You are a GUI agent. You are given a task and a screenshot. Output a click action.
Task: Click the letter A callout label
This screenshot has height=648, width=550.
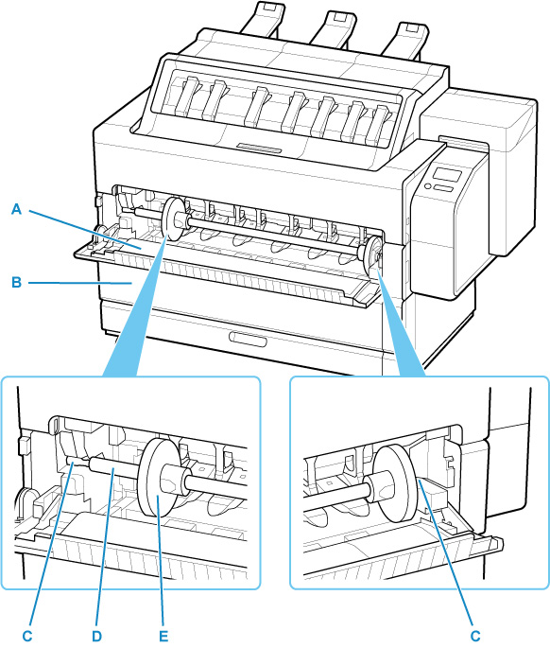(16, 209)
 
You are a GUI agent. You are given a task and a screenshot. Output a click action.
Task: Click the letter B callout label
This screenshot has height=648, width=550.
(16, 283)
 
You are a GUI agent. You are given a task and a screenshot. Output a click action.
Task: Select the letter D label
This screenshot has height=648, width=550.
(96, 636)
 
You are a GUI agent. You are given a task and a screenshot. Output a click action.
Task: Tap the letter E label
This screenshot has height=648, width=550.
(163, 636)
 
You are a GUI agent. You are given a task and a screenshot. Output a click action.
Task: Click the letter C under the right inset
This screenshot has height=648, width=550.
(475, 636)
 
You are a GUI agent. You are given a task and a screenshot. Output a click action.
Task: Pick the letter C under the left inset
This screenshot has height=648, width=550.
(27, 636)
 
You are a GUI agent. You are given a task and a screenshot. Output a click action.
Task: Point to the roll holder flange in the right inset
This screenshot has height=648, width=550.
(395, 482)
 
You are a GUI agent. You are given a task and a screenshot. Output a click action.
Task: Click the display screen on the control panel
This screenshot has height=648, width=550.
(447, 175)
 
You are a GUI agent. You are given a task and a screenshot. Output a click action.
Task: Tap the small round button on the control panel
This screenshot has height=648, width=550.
(428, 186)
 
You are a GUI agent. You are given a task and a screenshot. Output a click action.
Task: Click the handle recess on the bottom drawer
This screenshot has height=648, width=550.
(248, 339)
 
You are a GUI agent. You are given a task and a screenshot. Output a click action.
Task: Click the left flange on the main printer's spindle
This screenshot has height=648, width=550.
(174, 219)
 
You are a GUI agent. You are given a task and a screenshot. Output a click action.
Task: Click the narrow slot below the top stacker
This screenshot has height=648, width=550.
(259, 149)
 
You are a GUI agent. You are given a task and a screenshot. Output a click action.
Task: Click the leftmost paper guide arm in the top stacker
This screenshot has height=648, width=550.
(186, 96)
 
